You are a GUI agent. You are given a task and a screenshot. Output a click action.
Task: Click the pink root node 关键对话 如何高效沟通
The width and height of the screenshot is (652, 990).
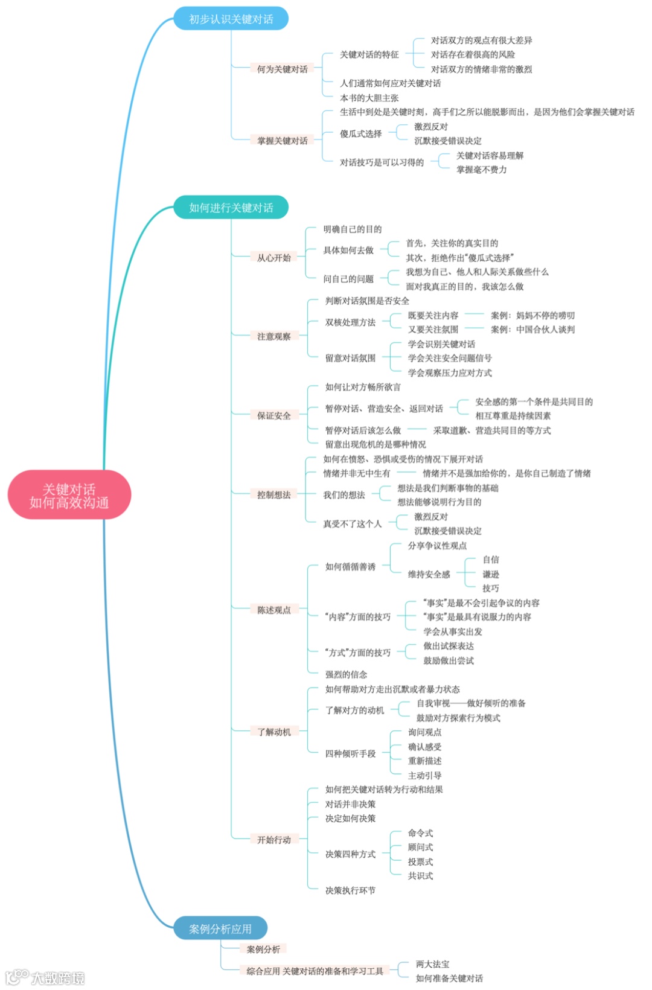[69, 495]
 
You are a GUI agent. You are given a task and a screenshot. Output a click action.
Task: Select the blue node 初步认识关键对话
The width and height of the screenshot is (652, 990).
[231, 19]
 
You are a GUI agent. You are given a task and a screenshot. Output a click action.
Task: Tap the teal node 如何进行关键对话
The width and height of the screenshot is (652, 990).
[231, 208]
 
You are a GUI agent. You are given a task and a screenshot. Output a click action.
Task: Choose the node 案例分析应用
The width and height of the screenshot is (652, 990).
[220, 928]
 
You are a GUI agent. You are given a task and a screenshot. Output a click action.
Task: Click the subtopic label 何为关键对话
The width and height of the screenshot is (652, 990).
[282, 69]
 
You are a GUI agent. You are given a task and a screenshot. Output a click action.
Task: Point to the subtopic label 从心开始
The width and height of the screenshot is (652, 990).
[273, 257]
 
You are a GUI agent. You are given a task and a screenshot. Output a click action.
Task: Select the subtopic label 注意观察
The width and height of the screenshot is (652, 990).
[273, 336]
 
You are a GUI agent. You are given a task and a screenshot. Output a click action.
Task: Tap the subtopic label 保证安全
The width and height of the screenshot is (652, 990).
[273, 415]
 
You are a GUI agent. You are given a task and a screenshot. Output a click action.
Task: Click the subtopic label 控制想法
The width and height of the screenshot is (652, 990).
[273, 494]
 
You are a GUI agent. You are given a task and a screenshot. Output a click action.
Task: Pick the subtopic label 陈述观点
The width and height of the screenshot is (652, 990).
[273, 610]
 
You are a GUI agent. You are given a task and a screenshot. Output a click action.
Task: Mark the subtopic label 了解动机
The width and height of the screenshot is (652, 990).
[273, 732]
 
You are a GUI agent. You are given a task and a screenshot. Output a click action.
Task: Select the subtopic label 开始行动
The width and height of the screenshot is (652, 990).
[273, 840]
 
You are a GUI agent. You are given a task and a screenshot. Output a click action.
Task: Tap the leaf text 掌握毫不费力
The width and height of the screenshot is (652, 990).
[481, 170]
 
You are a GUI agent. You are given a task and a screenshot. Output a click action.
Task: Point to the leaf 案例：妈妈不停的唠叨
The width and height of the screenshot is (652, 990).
[532, 315]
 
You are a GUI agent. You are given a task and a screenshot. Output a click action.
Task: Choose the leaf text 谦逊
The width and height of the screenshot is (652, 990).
[490, 574]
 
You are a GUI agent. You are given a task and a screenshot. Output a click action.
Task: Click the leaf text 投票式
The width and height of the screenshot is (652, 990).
[420, 861]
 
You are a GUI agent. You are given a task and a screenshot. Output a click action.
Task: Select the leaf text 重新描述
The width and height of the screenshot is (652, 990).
[424, 761]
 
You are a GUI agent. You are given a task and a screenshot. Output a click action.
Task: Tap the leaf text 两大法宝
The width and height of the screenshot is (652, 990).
[432, 964]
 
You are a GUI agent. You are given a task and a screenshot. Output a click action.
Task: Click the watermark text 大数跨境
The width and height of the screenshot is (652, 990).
[57, 978]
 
